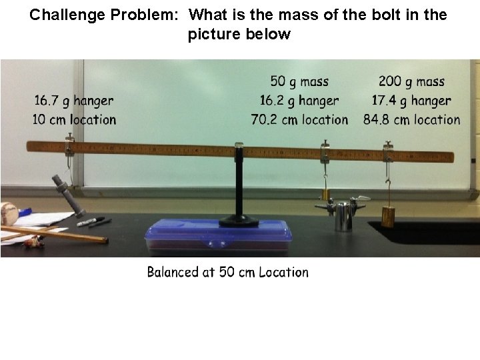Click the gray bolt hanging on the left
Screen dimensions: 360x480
[66, 194]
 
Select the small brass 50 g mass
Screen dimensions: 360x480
[326, 194]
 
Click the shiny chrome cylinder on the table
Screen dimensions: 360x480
[343, 216]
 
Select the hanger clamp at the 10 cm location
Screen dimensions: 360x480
[69, 146]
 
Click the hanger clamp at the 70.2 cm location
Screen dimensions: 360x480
[325, 151]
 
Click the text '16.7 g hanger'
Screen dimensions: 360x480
[74, 101]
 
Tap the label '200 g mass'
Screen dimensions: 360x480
[411, 81]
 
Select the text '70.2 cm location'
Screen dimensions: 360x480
[299, 120]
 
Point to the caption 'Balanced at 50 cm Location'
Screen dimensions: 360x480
[228, 272]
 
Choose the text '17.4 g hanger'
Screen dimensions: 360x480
[411, 101]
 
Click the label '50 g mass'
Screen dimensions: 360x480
[299, 81]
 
